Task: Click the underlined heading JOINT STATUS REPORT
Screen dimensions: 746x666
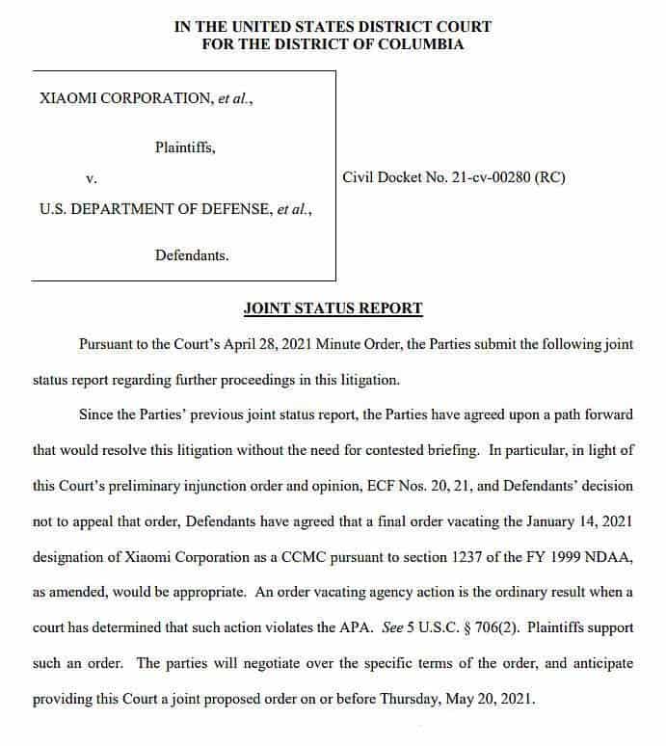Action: point(333,308)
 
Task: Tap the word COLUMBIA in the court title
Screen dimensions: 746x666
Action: point(422,44)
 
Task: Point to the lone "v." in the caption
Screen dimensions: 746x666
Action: point(92,178)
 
